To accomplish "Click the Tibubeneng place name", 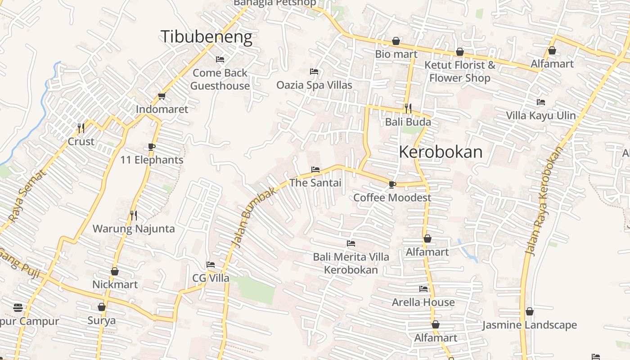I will tap(207, 36).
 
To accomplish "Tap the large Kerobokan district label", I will tap(441, 152).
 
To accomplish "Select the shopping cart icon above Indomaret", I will tap(162, 96).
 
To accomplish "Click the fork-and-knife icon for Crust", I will tap(81, 128).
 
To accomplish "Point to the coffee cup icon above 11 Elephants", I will tap(152, 147).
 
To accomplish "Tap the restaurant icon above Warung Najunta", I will tap(134, 216).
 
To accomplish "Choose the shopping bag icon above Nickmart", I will tap(115, 272).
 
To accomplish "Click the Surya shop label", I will tap(101, 320).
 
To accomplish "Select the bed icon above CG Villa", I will tap(211, 265).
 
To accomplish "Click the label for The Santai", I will tap(315, 183).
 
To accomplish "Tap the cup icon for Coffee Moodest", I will tap(392, 184).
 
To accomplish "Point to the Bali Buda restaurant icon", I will tap(408, 108).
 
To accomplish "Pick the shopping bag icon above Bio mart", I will tap(396, 41).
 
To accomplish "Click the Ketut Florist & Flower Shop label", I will tap(459, 71).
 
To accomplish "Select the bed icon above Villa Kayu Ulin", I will tap(541, 103).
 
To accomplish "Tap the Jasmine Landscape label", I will tap(529, 325).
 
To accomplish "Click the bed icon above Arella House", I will tap(423, 289).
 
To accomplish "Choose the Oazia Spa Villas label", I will tap(314, 85).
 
